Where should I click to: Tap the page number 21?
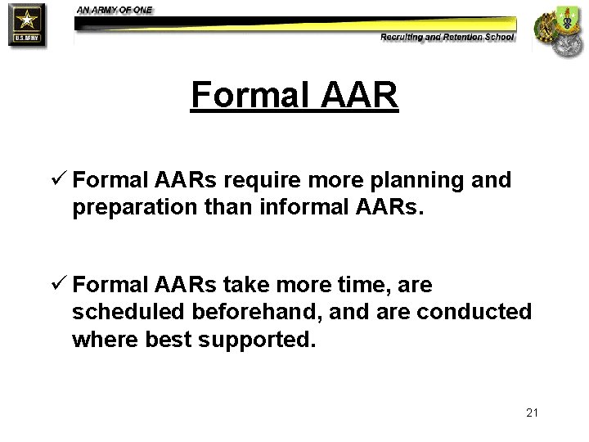(x=532, y=413)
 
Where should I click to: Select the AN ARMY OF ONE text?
(x=115, y=10)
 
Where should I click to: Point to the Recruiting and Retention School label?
(x=447, y=37)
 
